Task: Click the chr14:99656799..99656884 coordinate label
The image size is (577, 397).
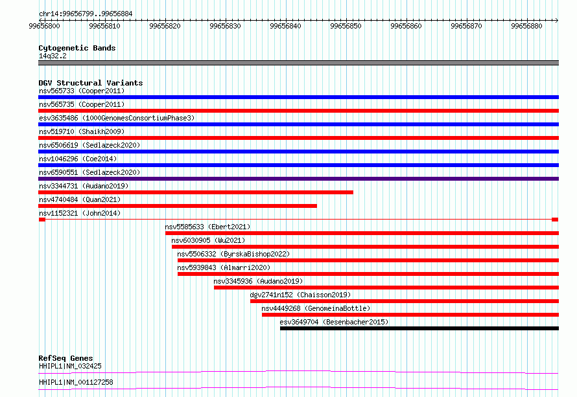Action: (x=80, y=13)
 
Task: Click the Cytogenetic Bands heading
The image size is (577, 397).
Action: (x=77, y=48)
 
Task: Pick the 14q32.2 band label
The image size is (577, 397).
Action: (x=53, y=56)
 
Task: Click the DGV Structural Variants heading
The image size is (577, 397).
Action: (x=90, y=83)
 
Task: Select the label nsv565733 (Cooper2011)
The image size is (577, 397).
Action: (x=81, y=91)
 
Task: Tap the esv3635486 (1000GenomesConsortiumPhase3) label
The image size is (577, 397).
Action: (x=116, y=118)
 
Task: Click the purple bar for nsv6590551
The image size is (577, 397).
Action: (x=298, y=179)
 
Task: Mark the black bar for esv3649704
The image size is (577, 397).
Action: (x=419, y=328)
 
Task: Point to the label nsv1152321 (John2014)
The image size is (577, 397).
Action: (x=79, y=213)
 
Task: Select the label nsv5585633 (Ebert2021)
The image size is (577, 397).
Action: (x=207, y=227)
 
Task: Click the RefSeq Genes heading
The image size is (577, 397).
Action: (x=65, y=358)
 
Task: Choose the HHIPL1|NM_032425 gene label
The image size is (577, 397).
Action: (x=70, y=366)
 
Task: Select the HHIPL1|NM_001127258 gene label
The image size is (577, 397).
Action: (x=76, y=382)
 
